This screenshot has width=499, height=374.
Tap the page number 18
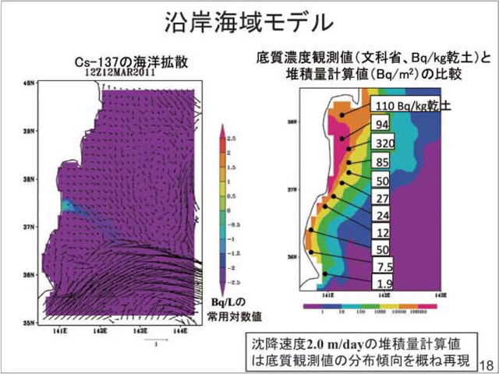tap(485, 364)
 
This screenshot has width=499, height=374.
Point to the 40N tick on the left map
tap(29, 82)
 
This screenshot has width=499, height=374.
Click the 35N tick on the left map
tap(29, 320)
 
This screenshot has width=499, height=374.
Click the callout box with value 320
tap(383, 143)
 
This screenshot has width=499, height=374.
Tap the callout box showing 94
tap(381, 125)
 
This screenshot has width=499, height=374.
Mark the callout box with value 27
tap(381, 198)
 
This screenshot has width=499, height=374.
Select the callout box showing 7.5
tap(381, 266)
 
